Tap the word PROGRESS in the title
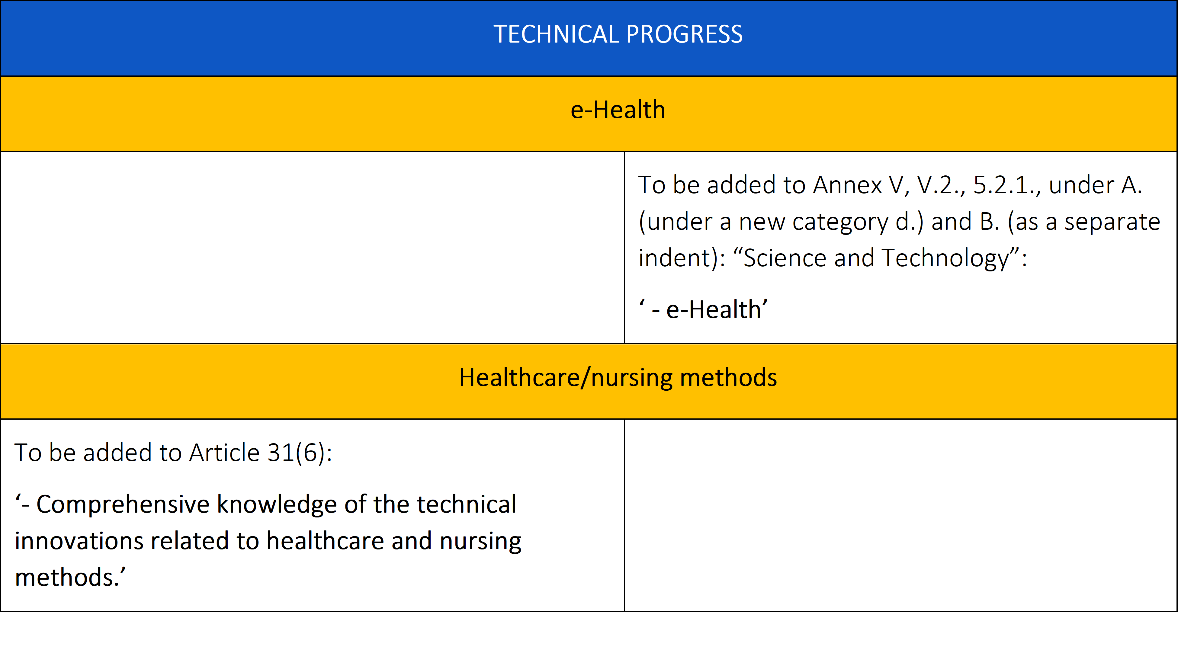point(684,34)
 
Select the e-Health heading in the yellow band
point(618,110)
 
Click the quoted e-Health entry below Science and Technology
point(703,309)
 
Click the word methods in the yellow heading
point(728,378)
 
